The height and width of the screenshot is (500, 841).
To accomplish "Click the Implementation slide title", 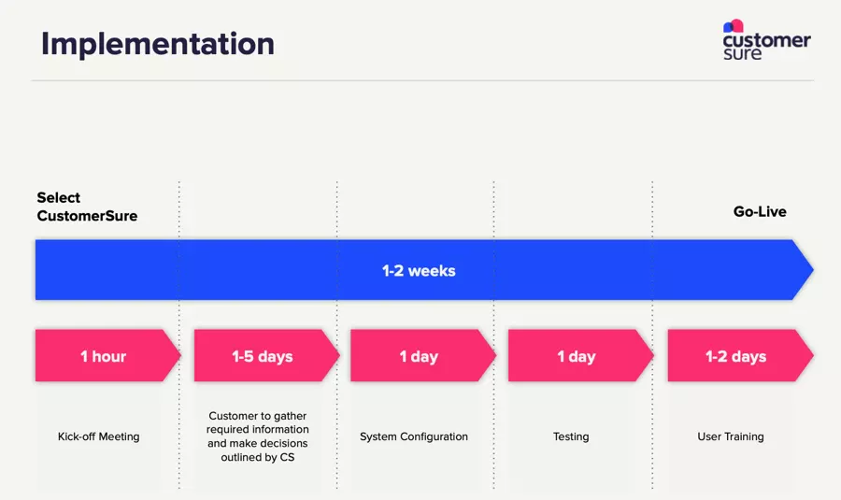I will click(x=157, y=44).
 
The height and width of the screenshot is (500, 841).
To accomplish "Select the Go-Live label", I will click(x=760, y=212).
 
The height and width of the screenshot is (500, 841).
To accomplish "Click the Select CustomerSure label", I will click(x=87, y=207).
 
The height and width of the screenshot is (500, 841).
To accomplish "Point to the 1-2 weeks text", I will click(x=419, y=271).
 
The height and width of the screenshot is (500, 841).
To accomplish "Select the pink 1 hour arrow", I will click(x=104, y=356).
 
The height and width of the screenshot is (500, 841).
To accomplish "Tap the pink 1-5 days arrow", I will click(x=263, y=356).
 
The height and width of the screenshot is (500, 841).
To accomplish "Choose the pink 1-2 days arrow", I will click(x=736, y=356).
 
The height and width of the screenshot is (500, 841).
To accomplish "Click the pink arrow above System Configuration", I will click(x=420, y=356).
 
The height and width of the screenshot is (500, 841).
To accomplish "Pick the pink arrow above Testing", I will click(x=577, y=356).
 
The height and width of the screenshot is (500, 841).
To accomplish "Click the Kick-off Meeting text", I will click(x=98, y=436).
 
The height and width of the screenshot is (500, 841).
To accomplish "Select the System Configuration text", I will click(x=414, y=436).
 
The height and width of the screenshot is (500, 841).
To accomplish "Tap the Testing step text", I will click(x=571, y=436).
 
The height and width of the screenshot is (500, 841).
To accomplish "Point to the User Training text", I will click(x=730, y=436).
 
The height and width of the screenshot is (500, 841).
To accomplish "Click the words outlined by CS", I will click(x=257, y=457).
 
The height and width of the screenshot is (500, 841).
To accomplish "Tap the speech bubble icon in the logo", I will click(x=734, y=26).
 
